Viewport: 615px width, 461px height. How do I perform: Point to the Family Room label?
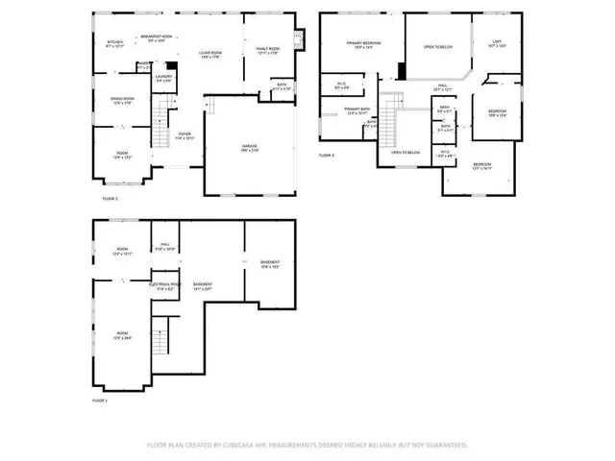267,51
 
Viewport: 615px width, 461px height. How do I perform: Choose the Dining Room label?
122,100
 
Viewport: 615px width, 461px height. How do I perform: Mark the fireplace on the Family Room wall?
299,41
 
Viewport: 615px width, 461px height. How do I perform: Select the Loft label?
497,43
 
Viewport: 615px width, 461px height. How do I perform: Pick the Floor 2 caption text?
110,198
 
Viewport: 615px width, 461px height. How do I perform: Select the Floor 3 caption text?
327,155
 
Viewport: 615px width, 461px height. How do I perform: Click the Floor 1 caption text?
100,400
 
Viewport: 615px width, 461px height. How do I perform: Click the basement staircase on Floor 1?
161,339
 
